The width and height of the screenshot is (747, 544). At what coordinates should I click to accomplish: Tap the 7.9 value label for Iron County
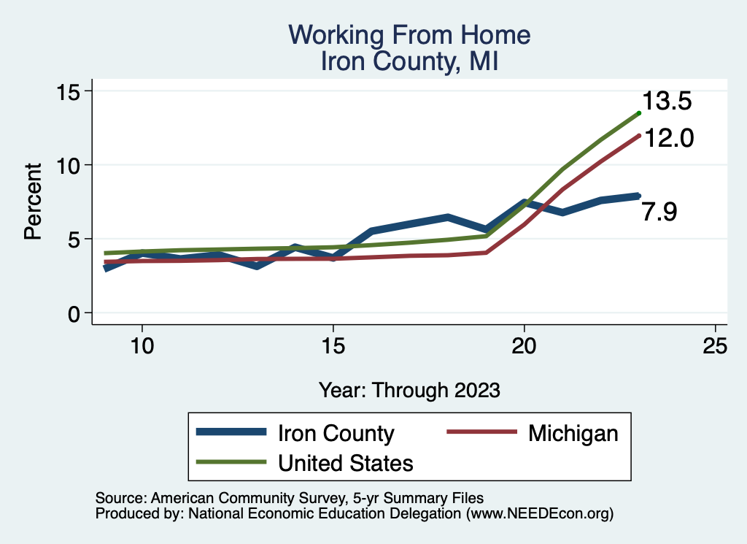(659, 212)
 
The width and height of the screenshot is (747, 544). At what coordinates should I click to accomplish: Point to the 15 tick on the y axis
(72, 91)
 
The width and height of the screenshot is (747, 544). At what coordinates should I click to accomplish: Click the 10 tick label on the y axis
(72, 165)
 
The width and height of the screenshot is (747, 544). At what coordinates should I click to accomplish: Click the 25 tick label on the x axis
(716, 346)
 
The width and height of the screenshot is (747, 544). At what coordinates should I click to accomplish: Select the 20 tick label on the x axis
(525, 346)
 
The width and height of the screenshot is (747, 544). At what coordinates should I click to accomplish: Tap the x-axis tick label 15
(333, 346)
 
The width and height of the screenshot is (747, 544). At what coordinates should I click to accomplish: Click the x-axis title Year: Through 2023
(409, 390)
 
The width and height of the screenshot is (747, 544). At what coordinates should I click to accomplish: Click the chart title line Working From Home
(409, 35)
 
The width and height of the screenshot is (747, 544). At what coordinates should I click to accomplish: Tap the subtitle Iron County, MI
(409, 61)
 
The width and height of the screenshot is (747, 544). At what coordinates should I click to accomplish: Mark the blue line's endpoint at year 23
(638, 196)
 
